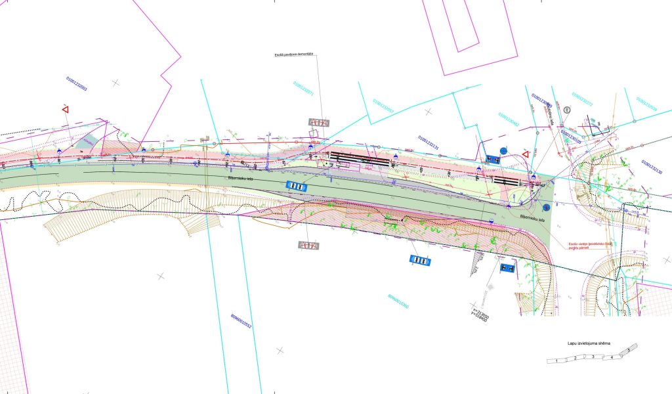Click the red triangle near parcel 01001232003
[66, 109]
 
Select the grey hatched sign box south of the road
[308, 246]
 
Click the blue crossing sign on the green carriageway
[297, 186]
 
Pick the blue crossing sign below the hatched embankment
[420, 261]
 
